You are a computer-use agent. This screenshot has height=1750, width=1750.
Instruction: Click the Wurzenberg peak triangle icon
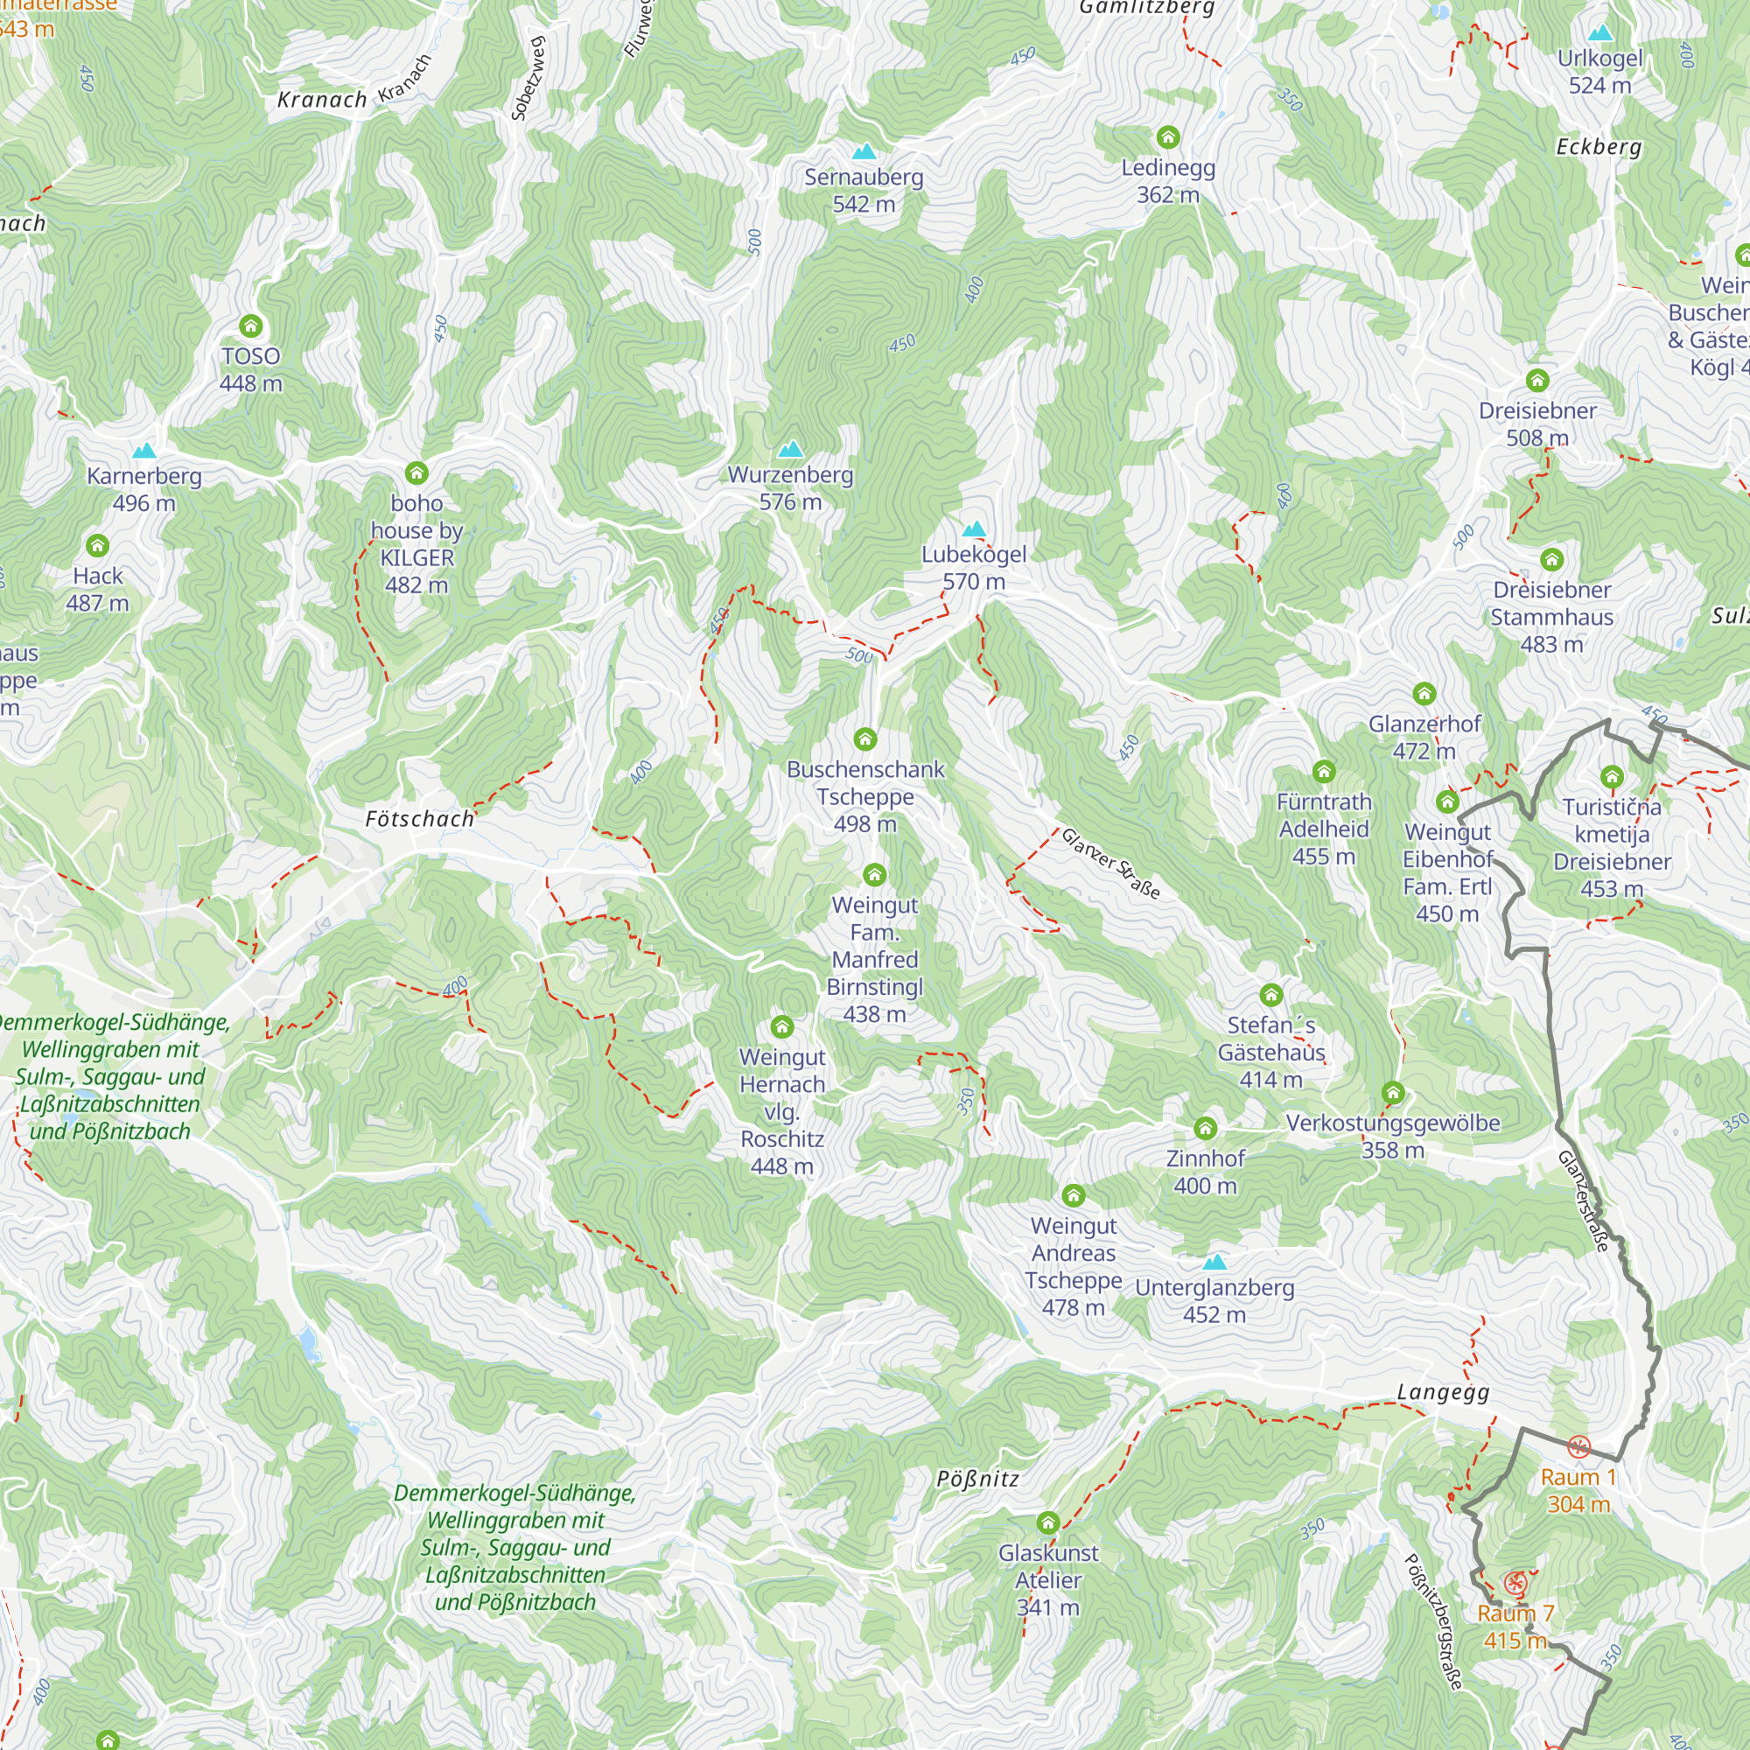(x=791, y=449)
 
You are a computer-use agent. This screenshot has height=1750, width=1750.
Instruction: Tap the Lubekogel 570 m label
(x=974, y=568)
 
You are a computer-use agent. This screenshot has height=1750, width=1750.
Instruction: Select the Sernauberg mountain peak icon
(x=864, y=151)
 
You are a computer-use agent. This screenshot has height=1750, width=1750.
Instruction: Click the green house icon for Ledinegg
(x=1167, y=137)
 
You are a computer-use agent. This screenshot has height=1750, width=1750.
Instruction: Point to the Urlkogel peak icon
(x=1600, y=33)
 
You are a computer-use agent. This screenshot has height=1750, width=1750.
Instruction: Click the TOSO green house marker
(x=251, y=326)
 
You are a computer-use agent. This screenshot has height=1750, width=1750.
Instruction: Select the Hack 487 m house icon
(x=97, y=546)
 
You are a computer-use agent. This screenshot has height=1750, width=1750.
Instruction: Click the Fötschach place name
(x=419, y=819)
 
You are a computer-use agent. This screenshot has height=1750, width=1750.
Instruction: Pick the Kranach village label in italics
(x=321, y=100)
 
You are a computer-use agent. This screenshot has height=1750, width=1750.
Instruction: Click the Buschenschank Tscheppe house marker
(x=865, y=739)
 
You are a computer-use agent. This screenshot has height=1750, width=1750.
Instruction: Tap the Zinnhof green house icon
(x=1205, y=1129)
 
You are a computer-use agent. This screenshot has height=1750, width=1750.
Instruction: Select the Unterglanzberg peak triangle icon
(x=1214, y=1262)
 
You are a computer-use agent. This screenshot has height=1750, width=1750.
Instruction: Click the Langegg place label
(x=1443, y=1392)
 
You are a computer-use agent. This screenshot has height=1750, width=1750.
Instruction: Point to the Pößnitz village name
(x=977, y=1479)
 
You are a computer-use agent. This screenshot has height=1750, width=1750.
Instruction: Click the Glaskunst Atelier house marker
(x=1048, y=1522)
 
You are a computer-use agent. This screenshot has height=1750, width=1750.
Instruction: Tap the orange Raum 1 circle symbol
(x=1578, y=1447)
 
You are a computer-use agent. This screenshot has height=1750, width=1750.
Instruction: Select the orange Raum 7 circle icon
(x=1515, y=1585)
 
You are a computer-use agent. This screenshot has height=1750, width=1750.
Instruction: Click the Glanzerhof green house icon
(x=1424, y=695)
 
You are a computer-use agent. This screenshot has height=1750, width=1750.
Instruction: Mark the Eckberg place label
(x=1599, y=147)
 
